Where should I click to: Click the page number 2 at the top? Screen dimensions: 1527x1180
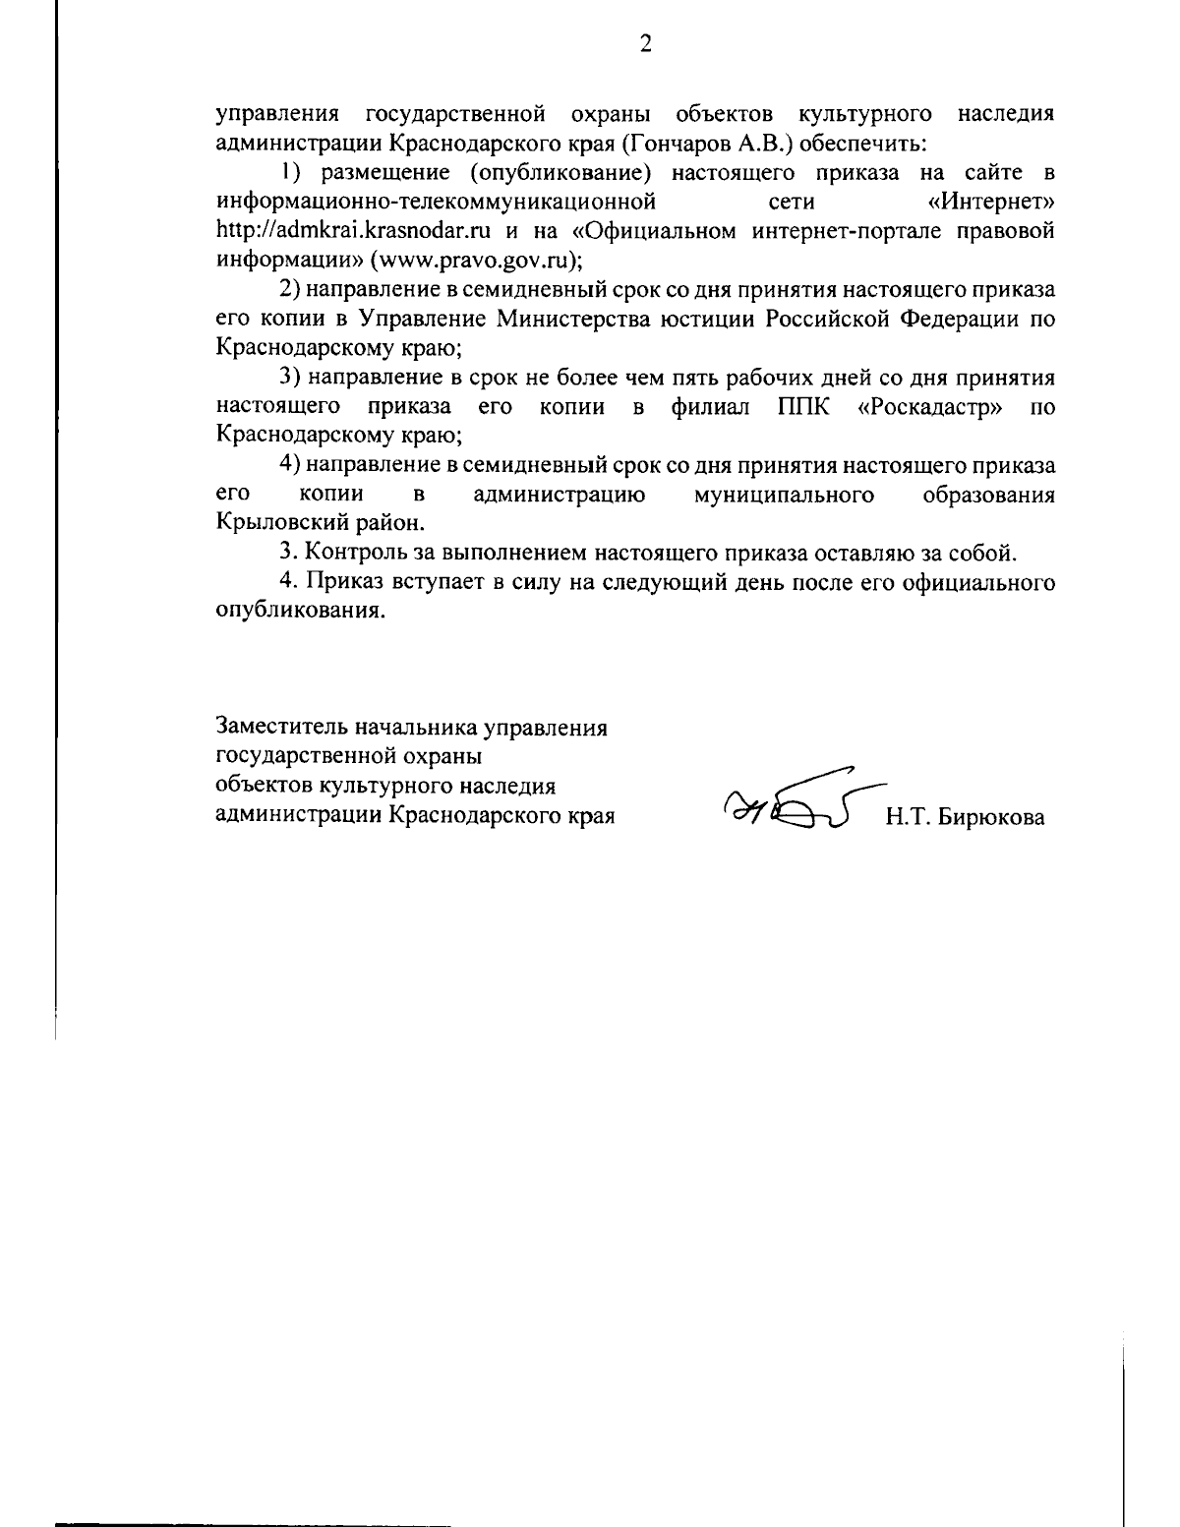tap(645, 43)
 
